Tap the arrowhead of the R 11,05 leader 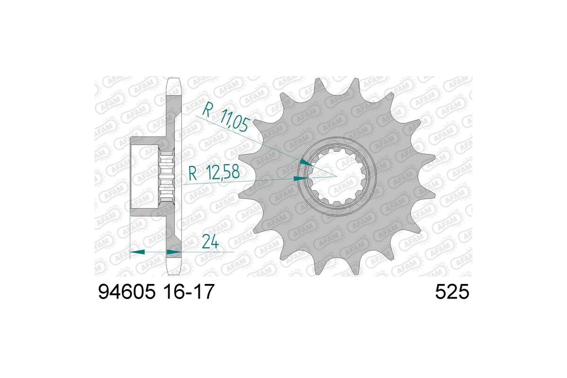[306, 163]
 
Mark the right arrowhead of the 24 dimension [173, 252]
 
